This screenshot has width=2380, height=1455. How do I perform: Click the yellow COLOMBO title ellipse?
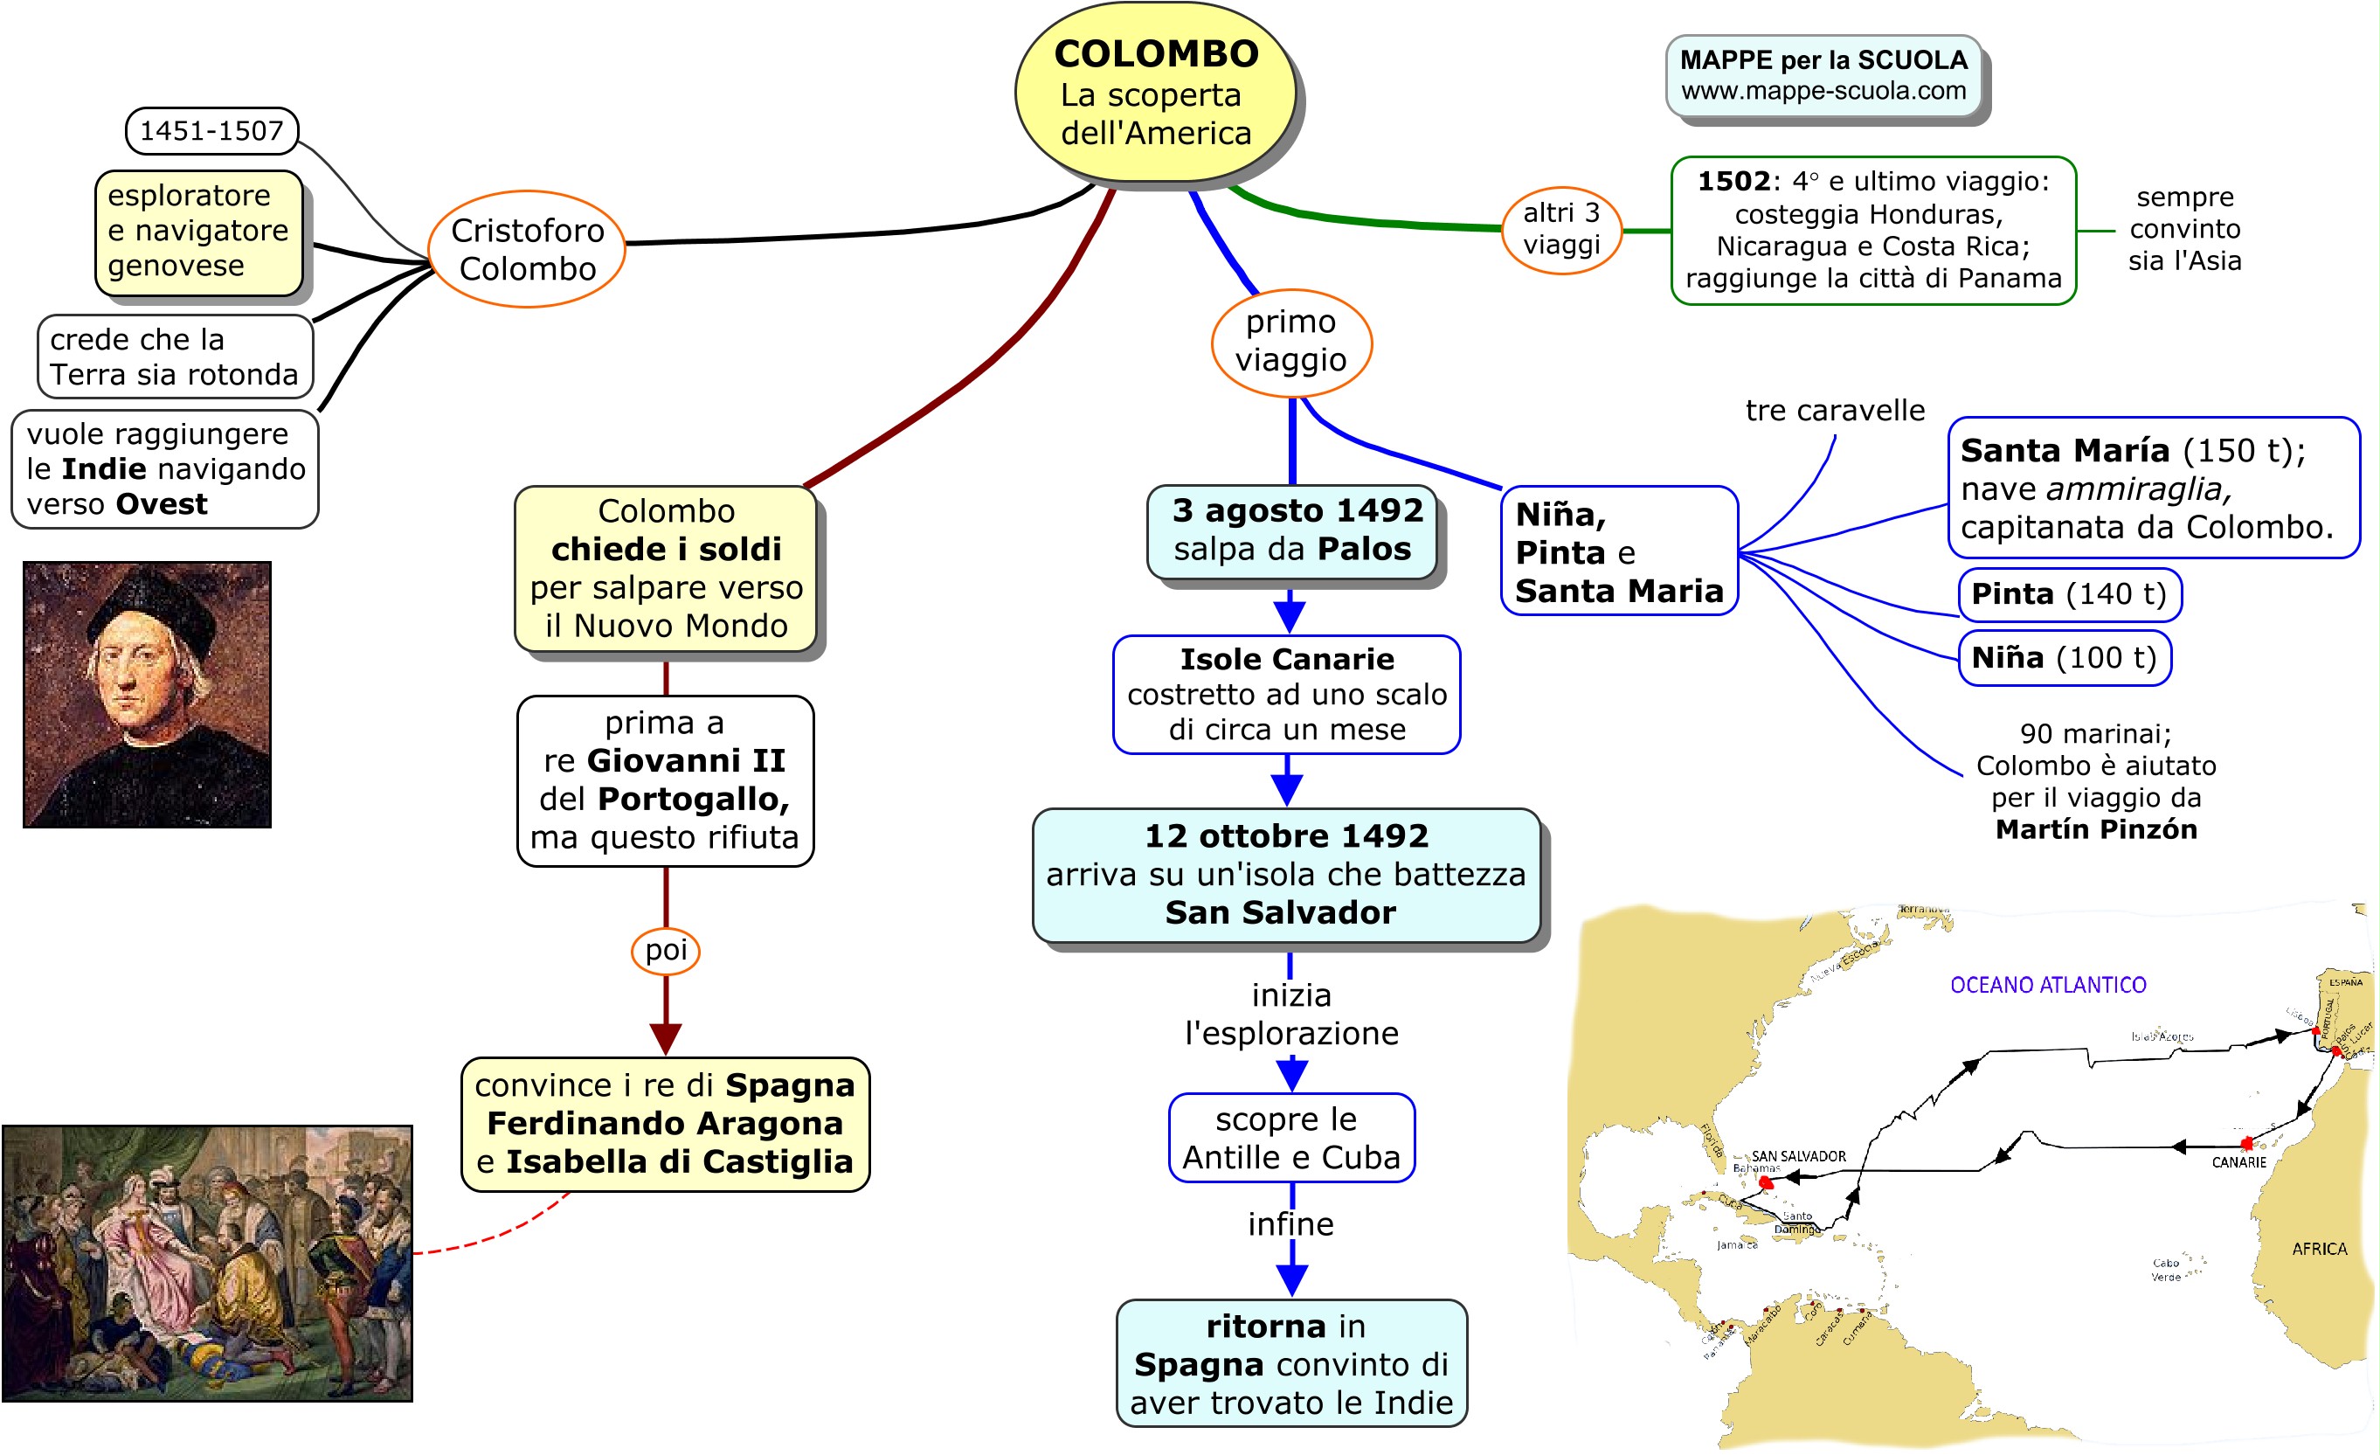coord(1155,93)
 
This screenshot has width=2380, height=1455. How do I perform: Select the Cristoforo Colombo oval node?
coord(528,249)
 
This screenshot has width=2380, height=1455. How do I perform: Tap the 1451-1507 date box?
coord(211,130)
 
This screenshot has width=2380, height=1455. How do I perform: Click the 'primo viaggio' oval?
coord(1291,342)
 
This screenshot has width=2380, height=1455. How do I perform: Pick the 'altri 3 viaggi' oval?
coord(1561,230)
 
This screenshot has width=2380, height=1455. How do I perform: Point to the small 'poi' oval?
coord(666,951)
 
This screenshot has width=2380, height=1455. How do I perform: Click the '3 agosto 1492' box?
coord(1292,531)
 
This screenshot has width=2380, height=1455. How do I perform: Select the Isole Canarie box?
coord(1287,694)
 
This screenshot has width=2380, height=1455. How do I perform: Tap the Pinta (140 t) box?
coord(2069,594)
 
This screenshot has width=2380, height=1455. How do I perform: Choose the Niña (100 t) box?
coord(2064,658)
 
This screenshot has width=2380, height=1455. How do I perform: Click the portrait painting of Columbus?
coord(147,694)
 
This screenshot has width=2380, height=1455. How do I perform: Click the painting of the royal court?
coord(207,1263)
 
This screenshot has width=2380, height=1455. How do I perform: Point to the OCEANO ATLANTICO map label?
coord(2048,986)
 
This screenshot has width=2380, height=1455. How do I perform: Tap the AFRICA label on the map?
coord(2319,1250)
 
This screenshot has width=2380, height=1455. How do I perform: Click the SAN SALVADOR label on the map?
coord(1798,1156)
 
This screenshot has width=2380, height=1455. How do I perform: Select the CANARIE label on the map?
coord(2239,1162)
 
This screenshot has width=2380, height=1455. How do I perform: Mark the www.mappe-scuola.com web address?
coord(1823,92)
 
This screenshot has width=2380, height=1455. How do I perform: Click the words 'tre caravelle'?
coord(1835,411)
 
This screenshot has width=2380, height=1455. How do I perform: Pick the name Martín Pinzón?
coord(2096,830)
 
